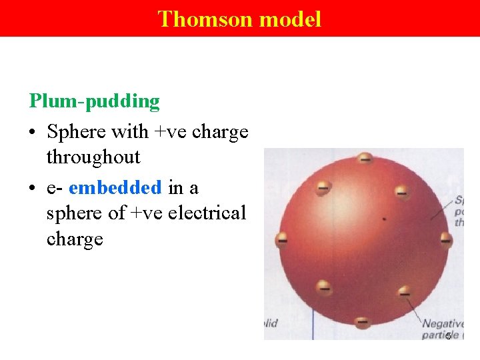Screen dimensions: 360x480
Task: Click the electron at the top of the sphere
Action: click(365, 159)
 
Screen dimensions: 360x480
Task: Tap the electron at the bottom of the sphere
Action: click(362, 322)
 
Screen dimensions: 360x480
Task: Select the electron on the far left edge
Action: click(282, 238)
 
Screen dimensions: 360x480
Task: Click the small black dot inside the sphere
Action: click(383, 217)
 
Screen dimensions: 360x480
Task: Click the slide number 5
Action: click(449, 335)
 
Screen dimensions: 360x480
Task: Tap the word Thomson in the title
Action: click(205, 19)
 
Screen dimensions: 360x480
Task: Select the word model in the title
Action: click(290, 19)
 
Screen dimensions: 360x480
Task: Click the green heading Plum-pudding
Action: click(94, 101)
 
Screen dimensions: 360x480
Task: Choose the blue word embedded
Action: click(115, 188)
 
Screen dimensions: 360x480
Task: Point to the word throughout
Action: click(93, 157)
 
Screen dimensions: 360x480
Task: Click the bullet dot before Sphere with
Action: click(33, 133)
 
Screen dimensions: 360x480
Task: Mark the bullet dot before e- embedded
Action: click(33, 189)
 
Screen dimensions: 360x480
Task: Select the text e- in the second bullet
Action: click(55, 189)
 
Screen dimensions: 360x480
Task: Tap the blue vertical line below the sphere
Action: click(313, 327)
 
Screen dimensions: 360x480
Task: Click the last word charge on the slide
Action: click(75, 239)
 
